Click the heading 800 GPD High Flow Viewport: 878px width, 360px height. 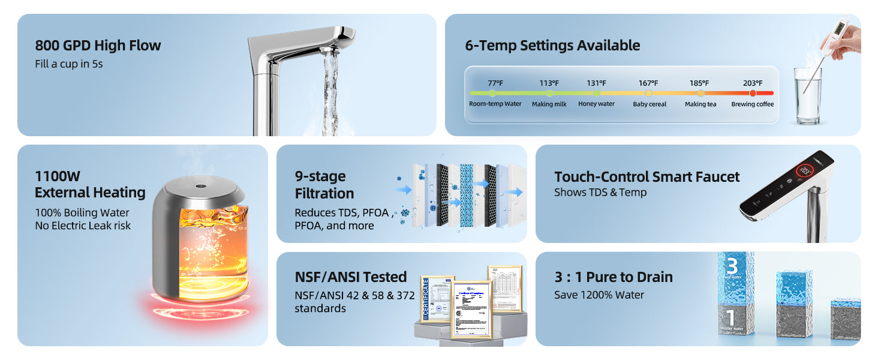98,46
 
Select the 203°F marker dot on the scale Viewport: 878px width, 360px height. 753,93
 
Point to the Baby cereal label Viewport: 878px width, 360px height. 650,104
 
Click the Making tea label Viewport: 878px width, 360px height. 700,104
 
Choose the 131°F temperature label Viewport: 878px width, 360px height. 596,83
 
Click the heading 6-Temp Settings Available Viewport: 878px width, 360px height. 552,46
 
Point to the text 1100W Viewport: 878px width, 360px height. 58,176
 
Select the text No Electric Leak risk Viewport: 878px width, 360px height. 83,226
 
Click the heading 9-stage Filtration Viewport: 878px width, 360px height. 324,185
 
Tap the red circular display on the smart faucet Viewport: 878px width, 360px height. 805,172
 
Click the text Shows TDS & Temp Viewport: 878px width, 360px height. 600,193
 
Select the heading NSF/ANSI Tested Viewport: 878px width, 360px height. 351,277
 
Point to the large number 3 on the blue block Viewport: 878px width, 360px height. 731,266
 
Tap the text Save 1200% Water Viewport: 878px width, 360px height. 599,295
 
